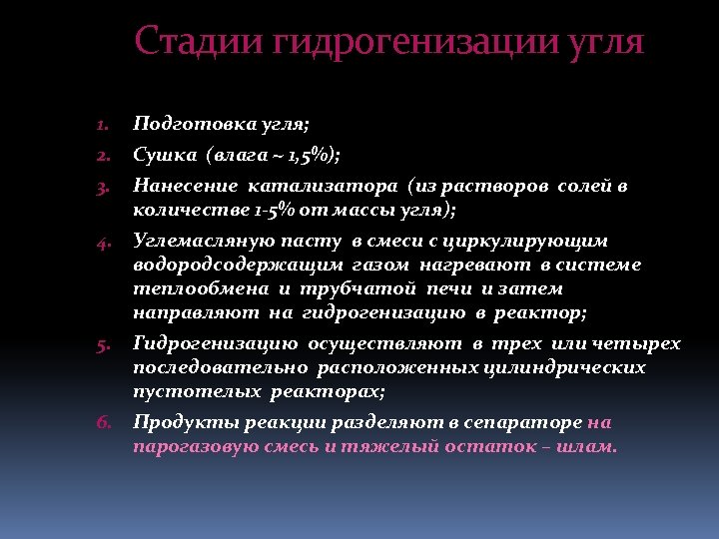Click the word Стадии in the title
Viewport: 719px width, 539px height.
click(197, 42)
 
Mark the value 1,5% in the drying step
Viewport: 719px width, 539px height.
click(306, 156)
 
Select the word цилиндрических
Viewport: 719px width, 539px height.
click(565, 367)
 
